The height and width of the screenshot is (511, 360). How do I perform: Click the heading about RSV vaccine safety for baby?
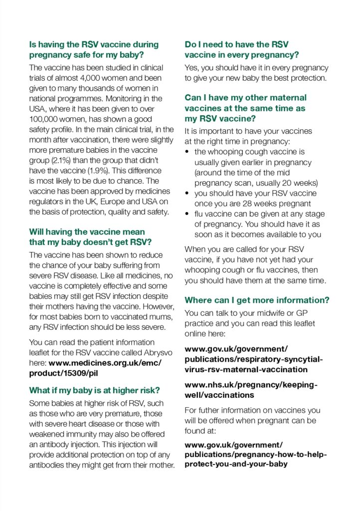click(x=94, y=49)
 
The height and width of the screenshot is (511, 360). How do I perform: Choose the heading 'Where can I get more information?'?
click(x=257, y=300)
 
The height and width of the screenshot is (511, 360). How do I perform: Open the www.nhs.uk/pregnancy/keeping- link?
click(x=251, y=385)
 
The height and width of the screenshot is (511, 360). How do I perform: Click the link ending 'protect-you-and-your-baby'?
click(x=236, y=464)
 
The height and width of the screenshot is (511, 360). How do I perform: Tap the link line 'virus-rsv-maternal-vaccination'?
click(x=246, y=369)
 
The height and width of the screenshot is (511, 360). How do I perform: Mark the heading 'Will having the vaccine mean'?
click(x=87, y=232)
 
